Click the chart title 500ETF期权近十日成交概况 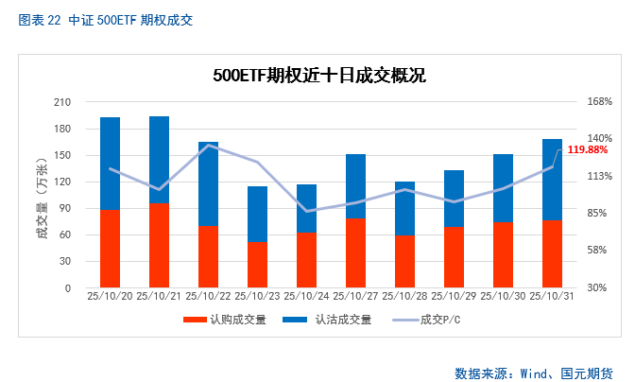click(x=318, y=76)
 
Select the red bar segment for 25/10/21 click(x=159, y=245)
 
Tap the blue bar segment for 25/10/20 click(x=111, y=163)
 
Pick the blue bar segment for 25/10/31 click(x=552, y=180)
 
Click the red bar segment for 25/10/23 click(x=257, y=264)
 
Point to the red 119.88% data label click(x=588, y=150)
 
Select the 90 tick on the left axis click(x=66, y=208)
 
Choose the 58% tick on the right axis click(x=599, y=251)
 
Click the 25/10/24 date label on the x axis click(x=306, y=296)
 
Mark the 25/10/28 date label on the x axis click(x=404, y=296)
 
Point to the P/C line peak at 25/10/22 click(x=209, y=146)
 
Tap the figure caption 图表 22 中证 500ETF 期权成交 click(x=105, y=19)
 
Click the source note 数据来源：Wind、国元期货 click(x=534, y=373)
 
